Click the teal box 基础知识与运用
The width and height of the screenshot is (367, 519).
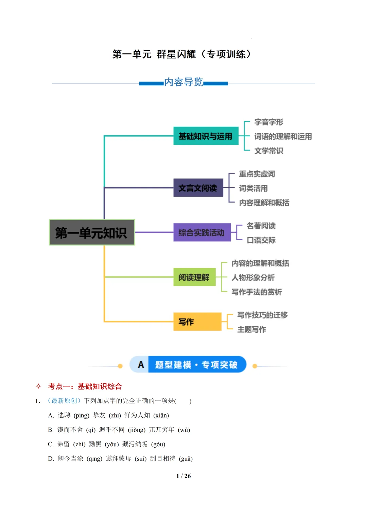(x=206, y=136)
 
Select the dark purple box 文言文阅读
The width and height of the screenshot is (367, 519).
(x=198, y=188)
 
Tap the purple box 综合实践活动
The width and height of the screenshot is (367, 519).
(x=202, y=232)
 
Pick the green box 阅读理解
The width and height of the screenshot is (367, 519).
(x=194, y=277)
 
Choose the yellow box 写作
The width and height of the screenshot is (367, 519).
(x=197, y=322)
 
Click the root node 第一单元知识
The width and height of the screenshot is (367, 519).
(x=92, y=232)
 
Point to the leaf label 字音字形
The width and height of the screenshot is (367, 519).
(x=268, y=122)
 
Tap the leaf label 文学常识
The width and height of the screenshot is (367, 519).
(x=268, y=151)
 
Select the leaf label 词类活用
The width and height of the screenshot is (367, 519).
(x=253, y=188)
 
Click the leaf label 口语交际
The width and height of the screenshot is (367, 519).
(x=261, y=240)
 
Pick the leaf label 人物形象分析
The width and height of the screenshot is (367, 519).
(x=253, y=277)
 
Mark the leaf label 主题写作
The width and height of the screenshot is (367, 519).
(x=251, y=329)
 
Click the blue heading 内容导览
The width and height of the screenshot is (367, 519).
(x=183, y=82)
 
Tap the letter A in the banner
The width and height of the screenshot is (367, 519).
(x=141, y=365)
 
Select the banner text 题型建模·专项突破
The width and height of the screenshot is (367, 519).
(x=196, y=365)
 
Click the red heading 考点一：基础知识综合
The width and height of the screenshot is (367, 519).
(x=85, y=386)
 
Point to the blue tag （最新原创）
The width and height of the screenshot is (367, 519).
(x=64, y=401)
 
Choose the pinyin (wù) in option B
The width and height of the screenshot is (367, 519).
(x=184, y=430)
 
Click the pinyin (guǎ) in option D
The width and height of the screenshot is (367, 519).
(x=186, y=459)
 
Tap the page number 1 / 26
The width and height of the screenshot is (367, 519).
(x=183, y=476)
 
